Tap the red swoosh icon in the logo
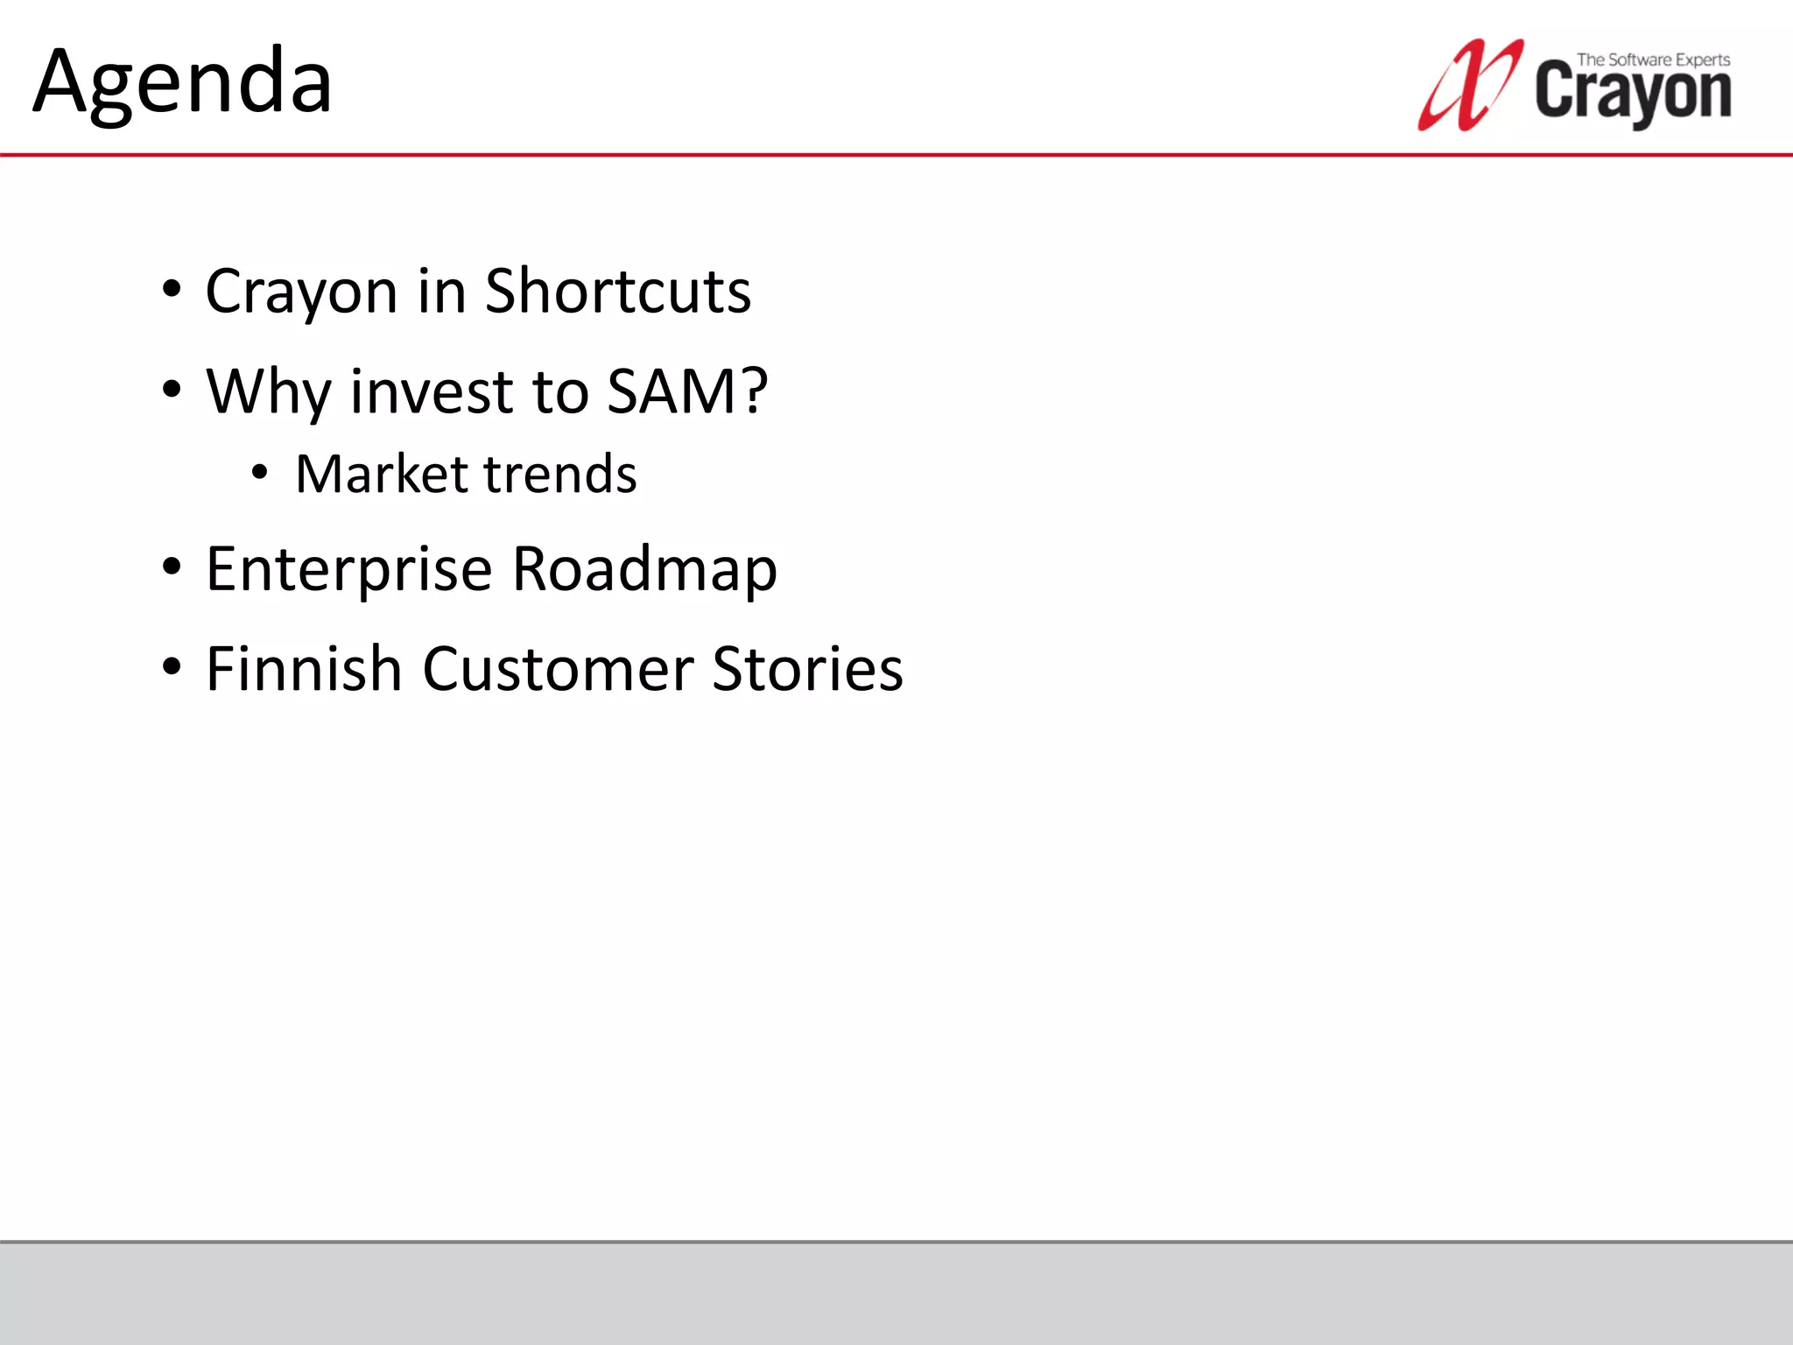(x=1467, y=86)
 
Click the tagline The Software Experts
(x=1653, y=60)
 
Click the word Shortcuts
(x=617, y=291)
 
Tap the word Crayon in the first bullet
(x=301, y=292)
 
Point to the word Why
(x=268, y=391)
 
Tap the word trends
(x=559, y=474)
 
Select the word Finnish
(x=304, y=669)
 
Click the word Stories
(x=807, y=669)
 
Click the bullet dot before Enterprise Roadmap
(x=172, y=567)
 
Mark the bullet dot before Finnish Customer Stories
(x=172, y=666)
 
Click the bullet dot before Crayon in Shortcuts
(x=172, y=289)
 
